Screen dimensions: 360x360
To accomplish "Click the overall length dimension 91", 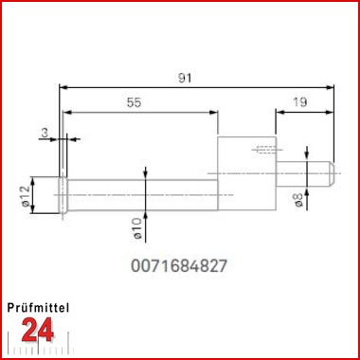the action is (x=185, y=79).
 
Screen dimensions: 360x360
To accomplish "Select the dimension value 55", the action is (x=134, y=102).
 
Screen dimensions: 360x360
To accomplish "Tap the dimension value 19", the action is (x=299, y=102).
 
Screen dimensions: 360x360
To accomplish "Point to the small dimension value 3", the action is (x=45, y=133).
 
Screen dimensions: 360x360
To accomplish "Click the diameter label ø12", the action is (x=26, y=195).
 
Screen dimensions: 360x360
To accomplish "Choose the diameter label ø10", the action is (x=136, y=228).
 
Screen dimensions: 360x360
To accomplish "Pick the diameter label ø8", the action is (x=298, y=200).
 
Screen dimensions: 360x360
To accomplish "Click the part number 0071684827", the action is (x=179, y=266).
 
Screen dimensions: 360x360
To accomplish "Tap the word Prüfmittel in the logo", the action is (x=38, y=308).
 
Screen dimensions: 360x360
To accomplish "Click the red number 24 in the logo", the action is (x=38, y=330).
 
